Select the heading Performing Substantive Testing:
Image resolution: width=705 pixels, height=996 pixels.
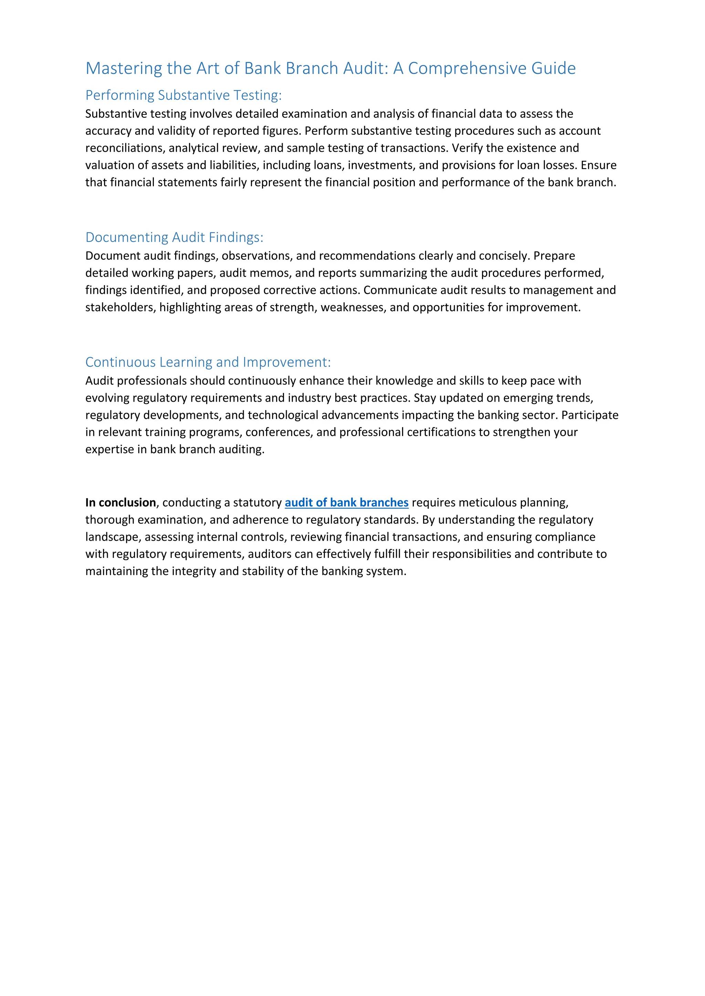coord(183,95)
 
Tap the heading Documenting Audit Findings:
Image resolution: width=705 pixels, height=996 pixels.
coord(174,237)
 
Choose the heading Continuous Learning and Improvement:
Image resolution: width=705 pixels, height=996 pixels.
coord(208,362)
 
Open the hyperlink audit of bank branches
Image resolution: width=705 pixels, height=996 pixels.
coord(346,502)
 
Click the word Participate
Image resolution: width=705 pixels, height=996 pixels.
coord(590,415)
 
